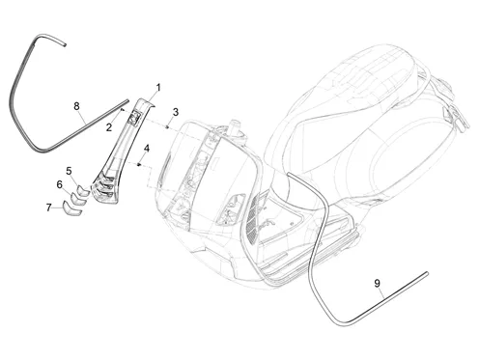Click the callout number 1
[x=158, y=87]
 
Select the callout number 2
[x=109, y=127]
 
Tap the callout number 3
[x=176, y=112]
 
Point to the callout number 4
[x=147, y=149]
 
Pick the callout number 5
[x=69, y=171]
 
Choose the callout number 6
[x=60, y=184]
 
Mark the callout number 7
[x=48, y=208]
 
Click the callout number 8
[x=76, y=106]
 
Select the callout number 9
[x=378, y=284]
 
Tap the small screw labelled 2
[x=122, y=110]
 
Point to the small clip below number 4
[x=139, y=164]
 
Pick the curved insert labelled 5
[x=83, y=191]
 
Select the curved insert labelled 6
[x=78, y=199]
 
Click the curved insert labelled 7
[x=71, y=208]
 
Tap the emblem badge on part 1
[x=134, y=117]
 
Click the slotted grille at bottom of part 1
[x=104, y=188]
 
